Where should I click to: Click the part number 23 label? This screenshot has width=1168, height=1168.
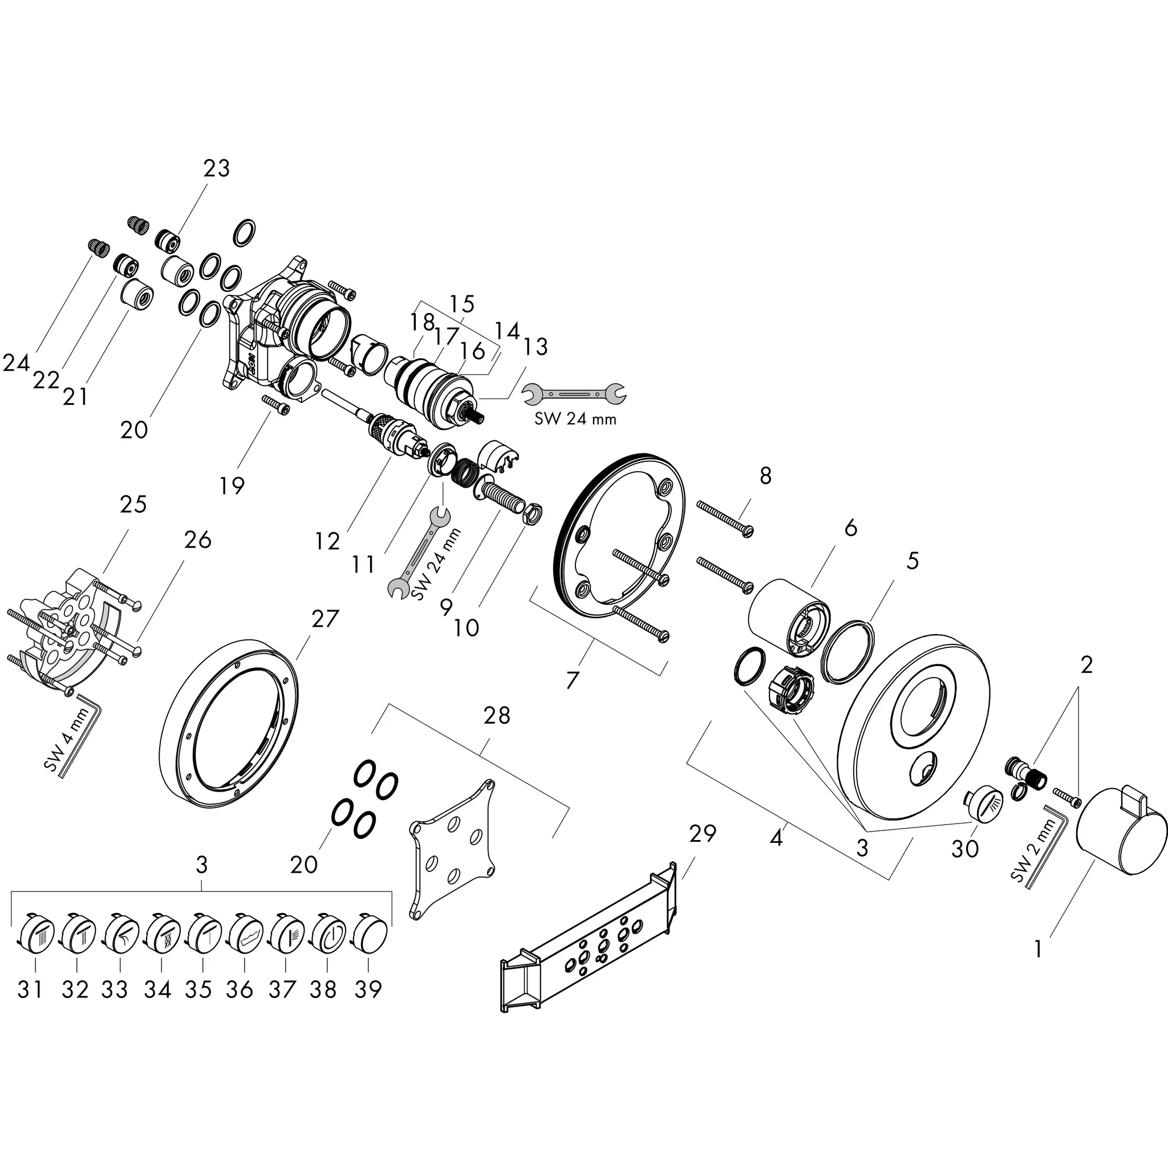[x=216, y=168]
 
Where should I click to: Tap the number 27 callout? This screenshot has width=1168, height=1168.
[x=325, y=618]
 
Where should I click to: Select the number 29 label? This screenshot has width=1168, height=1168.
[x=703, y=833]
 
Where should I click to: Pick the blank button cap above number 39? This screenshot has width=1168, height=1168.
[x=370, y=936]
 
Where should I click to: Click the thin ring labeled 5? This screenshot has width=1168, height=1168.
[x=848, y=651]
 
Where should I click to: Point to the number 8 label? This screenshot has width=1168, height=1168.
[x=765, y=476]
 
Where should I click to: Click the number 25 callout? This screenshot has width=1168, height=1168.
[x=133, y=504]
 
